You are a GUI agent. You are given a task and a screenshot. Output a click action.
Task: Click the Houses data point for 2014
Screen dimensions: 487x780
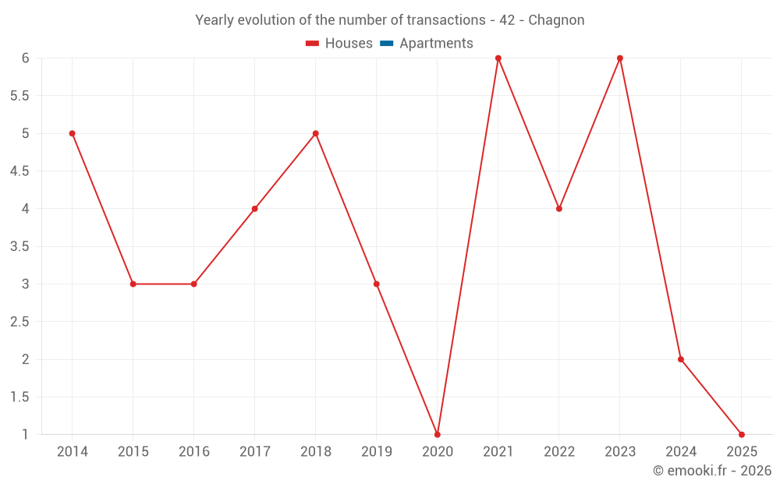click(x=72, y=133)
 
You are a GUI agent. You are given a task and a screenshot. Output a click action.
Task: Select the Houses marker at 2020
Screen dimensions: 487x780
click(x=438, y=434)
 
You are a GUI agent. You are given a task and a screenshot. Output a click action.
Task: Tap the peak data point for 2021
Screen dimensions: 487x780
click(x=498, y=58)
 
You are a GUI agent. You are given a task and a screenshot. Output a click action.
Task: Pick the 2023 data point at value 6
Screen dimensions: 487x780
click(x=620, y=58)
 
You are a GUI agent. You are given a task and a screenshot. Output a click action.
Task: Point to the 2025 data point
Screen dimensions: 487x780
click(x=742, y=434)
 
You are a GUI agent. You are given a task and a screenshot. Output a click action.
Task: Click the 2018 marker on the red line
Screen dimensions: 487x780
click(x=316, y=133)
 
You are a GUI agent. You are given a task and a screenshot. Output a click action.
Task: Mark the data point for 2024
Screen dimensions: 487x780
click(x=681, y=359)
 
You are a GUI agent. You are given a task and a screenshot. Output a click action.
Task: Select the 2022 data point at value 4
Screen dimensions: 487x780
click(x=559, y=209)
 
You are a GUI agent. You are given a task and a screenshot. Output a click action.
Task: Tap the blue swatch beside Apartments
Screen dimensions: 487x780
click(x=386, y=44)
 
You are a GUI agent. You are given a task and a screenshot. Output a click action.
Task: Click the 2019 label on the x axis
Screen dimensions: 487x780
click(x=377, y=452)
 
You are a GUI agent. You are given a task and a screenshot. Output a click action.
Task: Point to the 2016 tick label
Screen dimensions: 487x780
click(x=194, y=452)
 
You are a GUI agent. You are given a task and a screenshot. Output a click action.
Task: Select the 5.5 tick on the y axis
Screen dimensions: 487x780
click(x=19, y=96)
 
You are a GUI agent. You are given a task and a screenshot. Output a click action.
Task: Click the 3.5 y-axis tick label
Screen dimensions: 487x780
click(x=19, y=246)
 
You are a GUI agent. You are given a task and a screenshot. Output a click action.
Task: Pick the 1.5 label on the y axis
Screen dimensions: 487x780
click(x=19, y=397)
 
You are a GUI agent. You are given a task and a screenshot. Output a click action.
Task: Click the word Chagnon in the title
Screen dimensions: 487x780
click(x=556, y=20)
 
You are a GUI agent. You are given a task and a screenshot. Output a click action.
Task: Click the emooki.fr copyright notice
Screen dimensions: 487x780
click(x=712, y=471)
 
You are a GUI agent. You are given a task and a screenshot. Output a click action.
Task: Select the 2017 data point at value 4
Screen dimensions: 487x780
click(x=255, y=209)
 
